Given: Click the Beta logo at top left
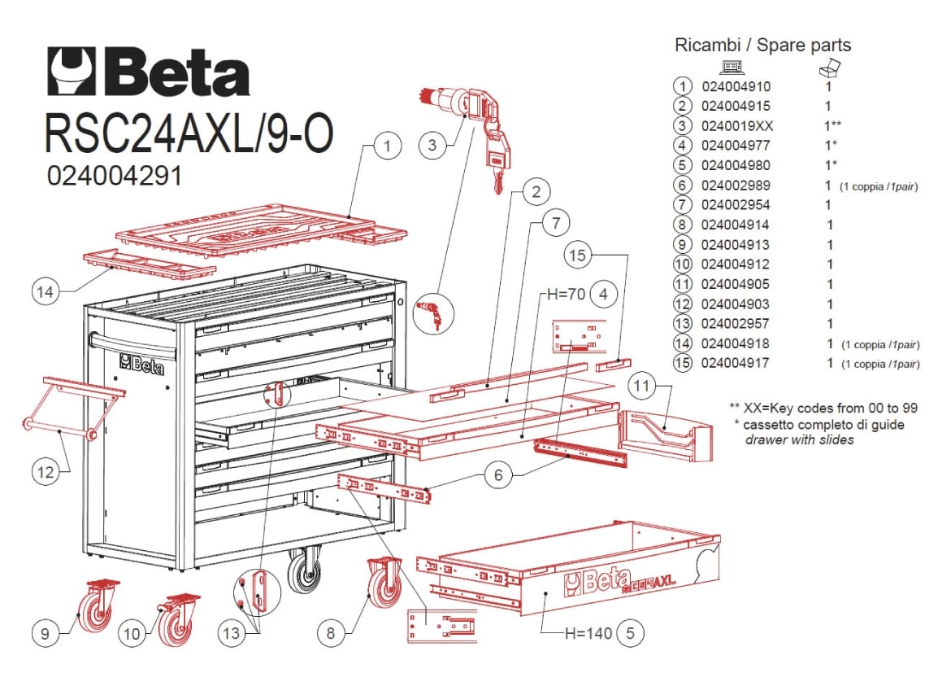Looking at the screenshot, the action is tap(149, 72).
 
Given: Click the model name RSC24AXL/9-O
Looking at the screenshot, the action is tap(189, 132).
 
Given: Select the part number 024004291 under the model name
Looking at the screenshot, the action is tap(114, 176).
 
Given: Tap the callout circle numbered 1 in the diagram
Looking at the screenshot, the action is tap(387, 146).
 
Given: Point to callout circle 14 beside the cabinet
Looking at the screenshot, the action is tap(45, 292).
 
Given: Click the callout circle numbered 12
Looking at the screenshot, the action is tap(46, 472).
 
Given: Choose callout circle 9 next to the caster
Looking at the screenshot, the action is tap(45, 633).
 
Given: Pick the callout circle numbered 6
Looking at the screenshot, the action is tap(498, 474).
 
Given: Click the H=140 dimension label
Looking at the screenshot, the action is tap(588, 633).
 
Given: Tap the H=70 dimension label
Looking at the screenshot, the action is tap(566, 295).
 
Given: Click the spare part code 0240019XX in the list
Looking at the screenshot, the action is tap(737, 126).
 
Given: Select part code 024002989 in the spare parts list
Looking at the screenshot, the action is tap(736, 186).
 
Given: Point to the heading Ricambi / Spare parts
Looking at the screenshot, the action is tap(762, 45).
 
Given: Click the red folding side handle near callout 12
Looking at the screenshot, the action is tap(74, 409).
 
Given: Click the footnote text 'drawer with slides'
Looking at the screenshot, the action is tap(799, 439).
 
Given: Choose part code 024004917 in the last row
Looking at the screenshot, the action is tap(735, 363).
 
